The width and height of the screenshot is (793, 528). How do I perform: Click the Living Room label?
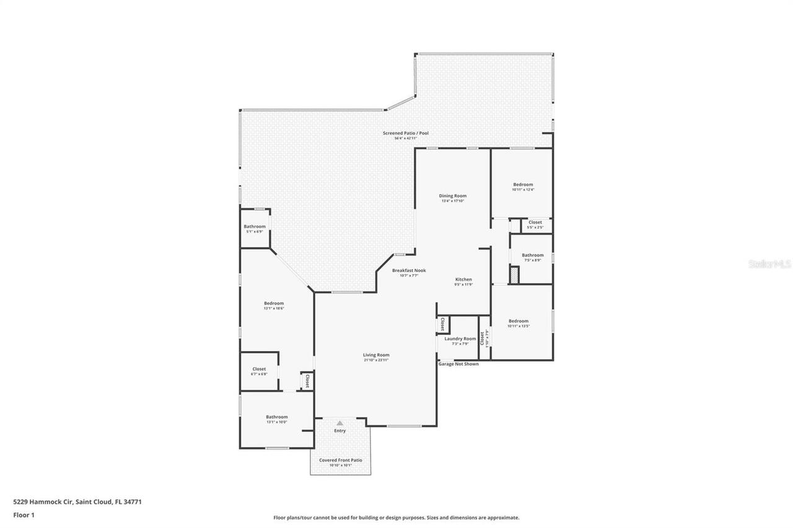(376, 355)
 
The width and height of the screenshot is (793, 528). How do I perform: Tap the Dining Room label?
(453, 196)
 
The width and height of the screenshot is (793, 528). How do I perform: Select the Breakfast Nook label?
(409, 270)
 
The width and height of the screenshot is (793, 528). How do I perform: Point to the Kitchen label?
(463, 280)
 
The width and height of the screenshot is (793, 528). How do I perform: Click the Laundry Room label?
(460, 339)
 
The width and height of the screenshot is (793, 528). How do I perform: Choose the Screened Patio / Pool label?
(405, 133)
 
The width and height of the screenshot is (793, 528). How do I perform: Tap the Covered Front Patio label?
(340, 461)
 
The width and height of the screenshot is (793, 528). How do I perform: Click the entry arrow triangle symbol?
(340, 423)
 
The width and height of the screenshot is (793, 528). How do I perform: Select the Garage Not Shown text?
(458, 364)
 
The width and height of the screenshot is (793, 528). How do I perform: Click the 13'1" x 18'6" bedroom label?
(273, 303)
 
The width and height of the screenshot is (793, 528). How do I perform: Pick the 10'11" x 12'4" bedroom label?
(522, 185)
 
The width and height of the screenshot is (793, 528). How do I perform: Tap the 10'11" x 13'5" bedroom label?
(519, 321)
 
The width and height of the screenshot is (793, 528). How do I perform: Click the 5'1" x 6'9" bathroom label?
(254, 227)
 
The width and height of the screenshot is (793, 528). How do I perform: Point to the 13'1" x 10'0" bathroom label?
(276, 417)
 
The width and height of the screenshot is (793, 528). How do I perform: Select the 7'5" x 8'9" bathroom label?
(532, 255)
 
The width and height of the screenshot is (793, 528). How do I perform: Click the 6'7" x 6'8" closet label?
(259, 369)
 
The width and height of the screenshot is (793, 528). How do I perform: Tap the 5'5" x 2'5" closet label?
(535, 222)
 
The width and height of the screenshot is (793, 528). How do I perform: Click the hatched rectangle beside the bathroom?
(514, 275)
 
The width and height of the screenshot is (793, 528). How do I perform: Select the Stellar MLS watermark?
(769, 264)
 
